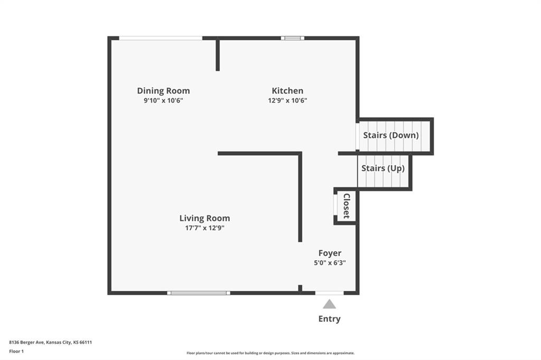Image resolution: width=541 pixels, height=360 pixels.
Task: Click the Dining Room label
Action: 164,91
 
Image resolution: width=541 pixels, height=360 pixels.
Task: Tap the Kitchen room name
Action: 287,91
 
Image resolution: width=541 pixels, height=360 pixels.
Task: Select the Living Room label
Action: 204,219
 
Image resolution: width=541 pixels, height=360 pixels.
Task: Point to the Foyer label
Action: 330,253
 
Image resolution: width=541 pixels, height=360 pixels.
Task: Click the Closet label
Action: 347,206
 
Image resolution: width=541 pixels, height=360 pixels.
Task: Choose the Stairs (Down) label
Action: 391,135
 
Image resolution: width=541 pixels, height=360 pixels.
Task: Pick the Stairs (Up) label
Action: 383,168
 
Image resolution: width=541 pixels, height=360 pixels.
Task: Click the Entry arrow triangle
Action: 330,304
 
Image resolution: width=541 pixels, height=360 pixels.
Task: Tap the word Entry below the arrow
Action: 330,319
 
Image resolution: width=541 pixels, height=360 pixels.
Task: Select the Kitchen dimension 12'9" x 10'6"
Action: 287,101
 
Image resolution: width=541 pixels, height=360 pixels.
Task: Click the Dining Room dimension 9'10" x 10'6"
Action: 164,101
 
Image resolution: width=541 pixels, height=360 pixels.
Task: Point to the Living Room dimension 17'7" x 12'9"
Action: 204,228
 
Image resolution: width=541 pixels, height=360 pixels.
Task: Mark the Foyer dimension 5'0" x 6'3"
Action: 330,263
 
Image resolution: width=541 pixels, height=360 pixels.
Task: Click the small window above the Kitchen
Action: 293,38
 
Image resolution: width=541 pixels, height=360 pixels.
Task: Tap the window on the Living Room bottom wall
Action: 199,293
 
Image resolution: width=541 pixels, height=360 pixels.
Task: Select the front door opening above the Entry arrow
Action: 330,293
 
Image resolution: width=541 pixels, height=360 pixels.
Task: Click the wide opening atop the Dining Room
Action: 161,38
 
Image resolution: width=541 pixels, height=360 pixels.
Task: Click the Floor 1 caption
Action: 16,352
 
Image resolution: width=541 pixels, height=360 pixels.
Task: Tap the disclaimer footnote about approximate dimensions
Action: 270,353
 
